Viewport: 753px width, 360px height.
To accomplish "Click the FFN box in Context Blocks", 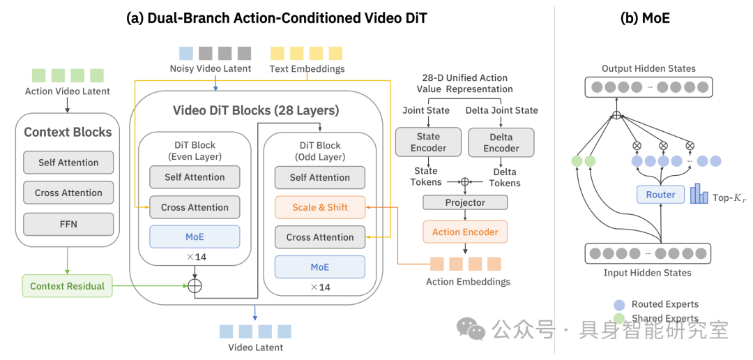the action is (x=68, y=224).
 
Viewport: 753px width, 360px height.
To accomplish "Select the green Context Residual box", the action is (x=67, y=286).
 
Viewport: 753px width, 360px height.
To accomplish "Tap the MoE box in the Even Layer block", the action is (x=195, y=237).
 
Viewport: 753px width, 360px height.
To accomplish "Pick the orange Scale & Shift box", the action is (x=320, y=208).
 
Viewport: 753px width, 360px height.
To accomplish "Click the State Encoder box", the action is (x=428, y=142).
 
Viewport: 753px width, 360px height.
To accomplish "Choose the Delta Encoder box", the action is (x=501, y=143).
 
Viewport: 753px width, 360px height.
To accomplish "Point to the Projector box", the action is (x=465, y=202).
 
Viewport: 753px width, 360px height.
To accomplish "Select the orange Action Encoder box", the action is (x=465, y=232).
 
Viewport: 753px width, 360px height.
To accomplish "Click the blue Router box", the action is (x=660, y=195).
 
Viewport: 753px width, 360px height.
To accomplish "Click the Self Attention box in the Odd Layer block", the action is (x=320, y=177).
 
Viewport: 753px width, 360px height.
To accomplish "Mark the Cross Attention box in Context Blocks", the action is (x=68, y=193).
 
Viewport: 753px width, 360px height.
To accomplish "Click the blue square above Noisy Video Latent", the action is (x=186, y=53).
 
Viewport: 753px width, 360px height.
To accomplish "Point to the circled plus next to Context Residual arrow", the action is (x=195, y=285).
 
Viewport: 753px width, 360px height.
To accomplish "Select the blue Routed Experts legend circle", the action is (x=619, y=305).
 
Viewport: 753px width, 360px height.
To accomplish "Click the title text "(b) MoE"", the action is (x=645, y=18).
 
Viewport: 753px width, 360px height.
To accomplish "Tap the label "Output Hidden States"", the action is (x=648, y=69).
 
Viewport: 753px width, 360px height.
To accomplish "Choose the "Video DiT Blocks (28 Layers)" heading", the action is (x=256, y=111).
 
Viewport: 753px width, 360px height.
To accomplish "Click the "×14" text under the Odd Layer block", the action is (x=320, y=287).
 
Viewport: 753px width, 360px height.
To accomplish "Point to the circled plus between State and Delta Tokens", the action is (x=464, y=181).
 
